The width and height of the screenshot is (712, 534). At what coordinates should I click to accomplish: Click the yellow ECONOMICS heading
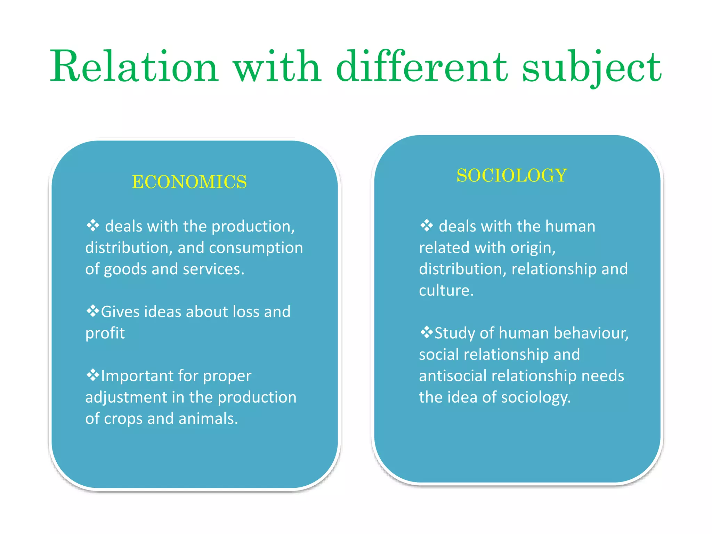pyautogui.click(x=189, y=182)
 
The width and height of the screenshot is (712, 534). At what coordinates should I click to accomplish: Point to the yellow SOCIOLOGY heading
pyautogui.click(x=512, y=175)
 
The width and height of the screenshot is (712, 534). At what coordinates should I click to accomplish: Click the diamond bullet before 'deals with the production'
pyautogui.click(x=93, y=226)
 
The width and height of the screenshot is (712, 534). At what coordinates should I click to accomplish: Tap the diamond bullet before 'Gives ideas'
pyautogui.click(x=92, y=311)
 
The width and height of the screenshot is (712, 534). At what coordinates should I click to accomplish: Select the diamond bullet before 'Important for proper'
pyautogui.click(x=92, y=375)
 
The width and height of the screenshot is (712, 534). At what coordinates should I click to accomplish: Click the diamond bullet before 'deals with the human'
pyautogui.click(x=427, y=226)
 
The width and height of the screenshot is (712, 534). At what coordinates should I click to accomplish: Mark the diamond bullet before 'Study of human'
pyautogui.click(x=426, y=332)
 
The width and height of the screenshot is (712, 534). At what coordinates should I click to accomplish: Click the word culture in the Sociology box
pyautogui.click(x=446, y=290)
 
